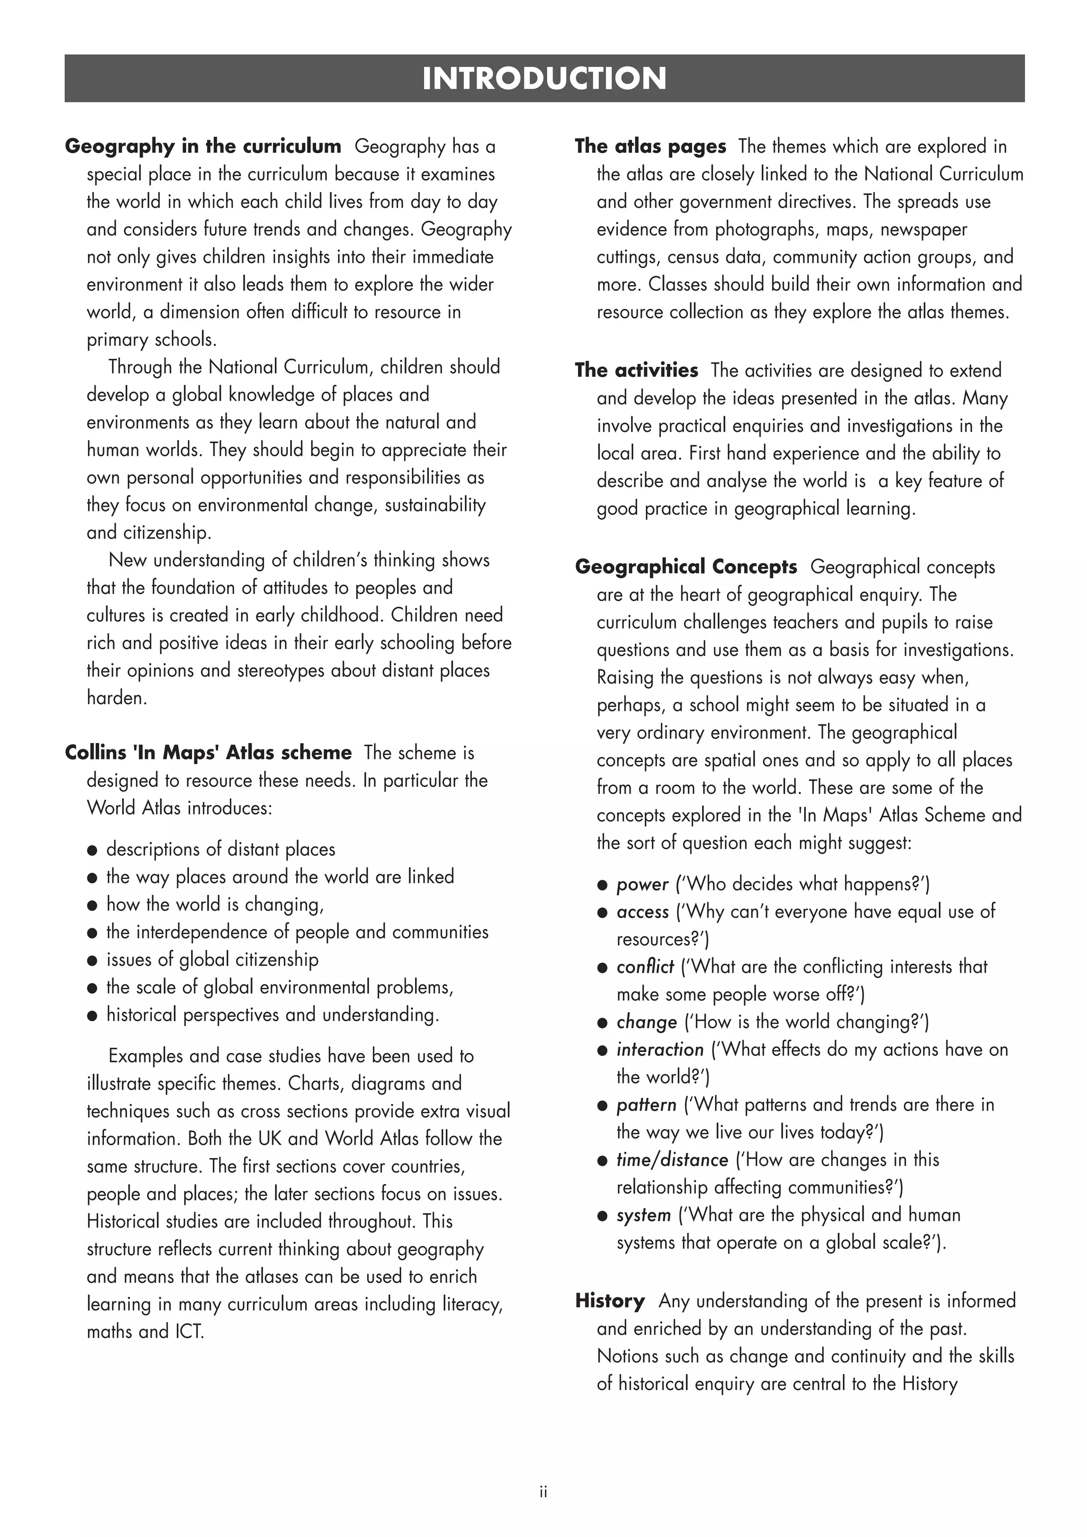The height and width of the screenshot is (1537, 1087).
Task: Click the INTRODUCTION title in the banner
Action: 543,79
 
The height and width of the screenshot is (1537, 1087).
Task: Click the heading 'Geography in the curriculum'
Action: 203,146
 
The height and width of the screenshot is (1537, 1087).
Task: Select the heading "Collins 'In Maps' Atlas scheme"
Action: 208,753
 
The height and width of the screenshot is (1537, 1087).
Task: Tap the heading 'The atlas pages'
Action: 650,146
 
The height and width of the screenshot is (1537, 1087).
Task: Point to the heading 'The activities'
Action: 636,370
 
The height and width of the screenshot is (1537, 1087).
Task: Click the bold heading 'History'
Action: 610,1301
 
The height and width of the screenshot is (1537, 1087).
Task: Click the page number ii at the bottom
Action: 543,1492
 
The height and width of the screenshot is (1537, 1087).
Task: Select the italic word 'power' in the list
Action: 642,884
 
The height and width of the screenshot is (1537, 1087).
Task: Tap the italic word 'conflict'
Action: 644,966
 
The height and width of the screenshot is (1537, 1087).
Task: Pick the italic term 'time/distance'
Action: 672,1160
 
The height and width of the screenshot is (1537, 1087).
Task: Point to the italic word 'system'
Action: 643,1215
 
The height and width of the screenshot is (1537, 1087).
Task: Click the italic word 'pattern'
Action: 646,1104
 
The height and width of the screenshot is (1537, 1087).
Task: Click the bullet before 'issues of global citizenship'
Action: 92,961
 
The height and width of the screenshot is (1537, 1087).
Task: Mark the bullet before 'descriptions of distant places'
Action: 92,850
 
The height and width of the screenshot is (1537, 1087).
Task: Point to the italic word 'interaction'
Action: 660,1050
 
